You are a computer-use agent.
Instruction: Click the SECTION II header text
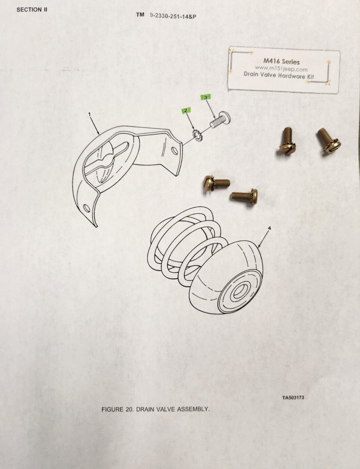[x=32, y=9]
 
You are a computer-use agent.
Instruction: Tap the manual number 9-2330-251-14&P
[x=173, y=16]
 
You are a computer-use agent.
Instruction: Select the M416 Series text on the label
[x=281, y=61]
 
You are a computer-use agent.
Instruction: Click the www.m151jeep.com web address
[x=281, y=69]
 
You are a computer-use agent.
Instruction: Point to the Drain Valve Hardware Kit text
[x=279, y=75]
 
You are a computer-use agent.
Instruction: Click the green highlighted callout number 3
[x=205, y=97]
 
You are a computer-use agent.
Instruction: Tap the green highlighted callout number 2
[x=185, y=110]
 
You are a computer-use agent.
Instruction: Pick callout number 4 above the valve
[x=269, y=228]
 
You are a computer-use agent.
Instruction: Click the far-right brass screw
[x=329, y=141]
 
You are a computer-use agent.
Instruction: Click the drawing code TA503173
[x=293, y=398]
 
